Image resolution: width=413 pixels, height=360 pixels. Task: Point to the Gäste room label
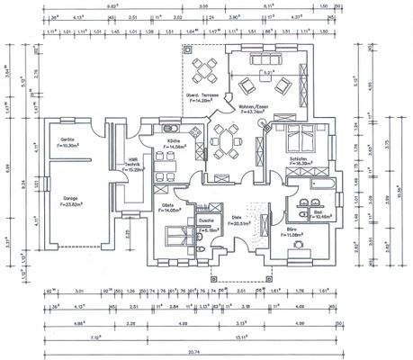coord(169,207)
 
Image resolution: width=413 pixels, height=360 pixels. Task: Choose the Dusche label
coord(205,220)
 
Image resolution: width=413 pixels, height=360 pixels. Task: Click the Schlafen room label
coord(300,160)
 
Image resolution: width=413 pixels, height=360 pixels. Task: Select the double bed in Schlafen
coord(299,139)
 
